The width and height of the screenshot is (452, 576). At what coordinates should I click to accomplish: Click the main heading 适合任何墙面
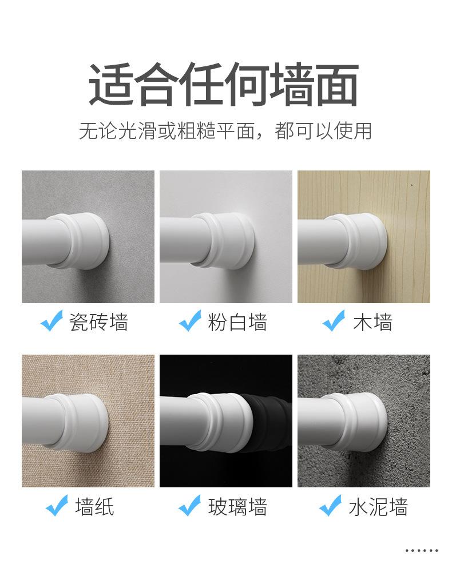point(224,85)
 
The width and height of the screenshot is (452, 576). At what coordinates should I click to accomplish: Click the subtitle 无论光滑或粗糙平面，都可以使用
point(225,131)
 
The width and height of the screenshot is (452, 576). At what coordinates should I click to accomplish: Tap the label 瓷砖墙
point(98,322)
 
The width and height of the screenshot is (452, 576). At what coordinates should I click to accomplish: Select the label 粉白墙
point(237,322)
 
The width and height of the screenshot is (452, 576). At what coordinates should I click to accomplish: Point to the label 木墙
point(372,322)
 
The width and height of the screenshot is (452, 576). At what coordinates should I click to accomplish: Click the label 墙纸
point(95,507)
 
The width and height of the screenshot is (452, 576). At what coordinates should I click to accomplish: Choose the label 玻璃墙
point(237,507)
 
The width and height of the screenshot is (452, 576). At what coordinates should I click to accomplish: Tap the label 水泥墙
point(378,507)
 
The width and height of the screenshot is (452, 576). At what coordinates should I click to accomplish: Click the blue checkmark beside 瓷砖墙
point(51,320)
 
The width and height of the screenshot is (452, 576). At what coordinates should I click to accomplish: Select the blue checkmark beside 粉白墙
point(190,320)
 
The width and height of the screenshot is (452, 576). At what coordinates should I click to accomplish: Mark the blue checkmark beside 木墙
point(334,320)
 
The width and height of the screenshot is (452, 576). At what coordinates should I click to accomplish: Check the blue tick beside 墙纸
point(57,505)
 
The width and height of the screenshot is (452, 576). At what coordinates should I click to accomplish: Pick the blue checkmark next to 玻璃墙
point(189,505)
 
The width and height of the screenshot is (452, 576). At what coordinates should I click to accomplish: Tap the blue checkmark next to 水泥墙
point(330,505)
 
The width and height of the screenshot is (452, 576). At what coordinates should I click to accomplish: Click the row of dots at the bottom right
point(422,550)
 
